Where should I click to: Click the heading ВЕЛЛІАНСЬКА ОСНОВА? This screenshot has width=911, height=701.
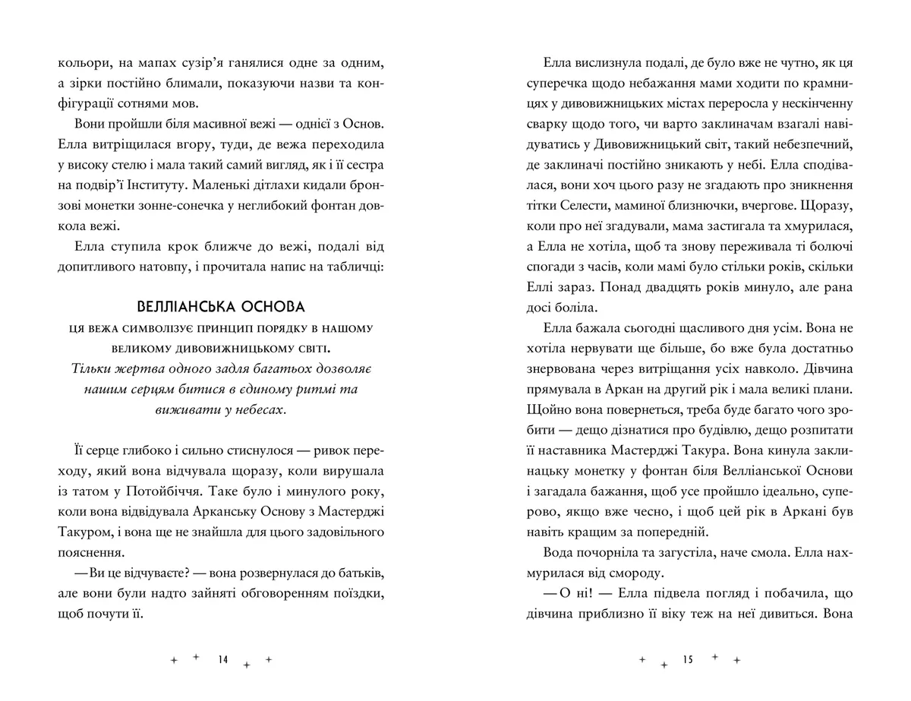[x=221, y=308]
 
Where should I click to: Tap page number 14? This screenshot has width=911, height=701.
[x=222, y=660]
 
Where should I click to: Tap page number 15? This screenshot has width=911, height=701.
[x=689, y=660]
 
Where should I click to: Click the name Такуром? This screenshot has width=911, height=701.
[x=86, y=530]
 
